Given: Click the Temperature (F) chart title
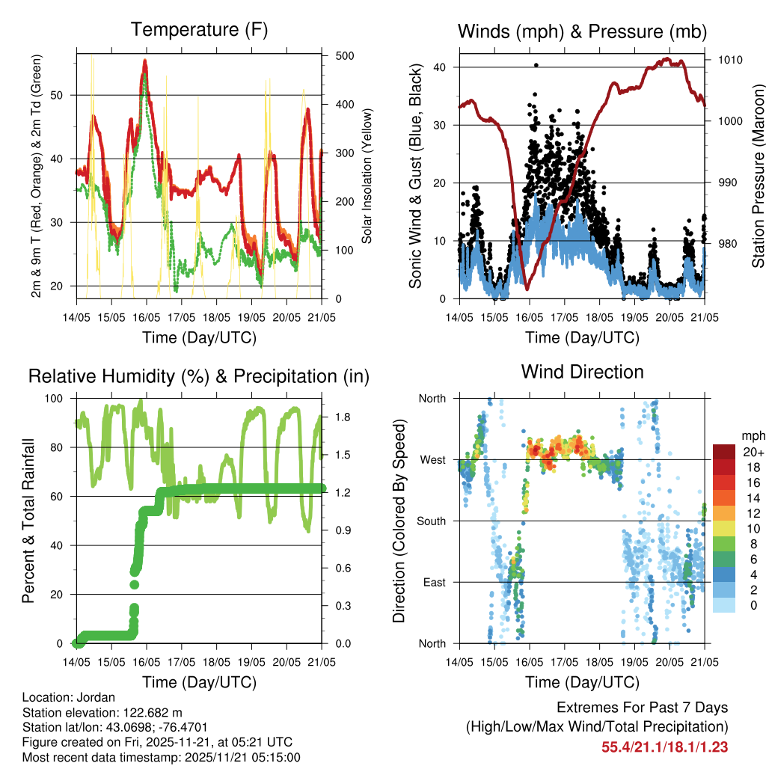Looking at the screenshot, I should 199,30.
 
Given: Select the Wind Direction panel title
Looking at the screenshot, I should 582,372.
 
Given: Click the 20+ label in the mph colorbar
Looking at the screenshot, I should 753,452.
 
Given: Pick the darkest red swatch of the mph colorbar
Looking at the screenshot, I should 723,452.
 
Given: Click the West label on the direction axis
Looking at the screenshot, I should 432,459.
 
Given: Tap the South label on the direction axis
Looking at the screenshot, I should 430,521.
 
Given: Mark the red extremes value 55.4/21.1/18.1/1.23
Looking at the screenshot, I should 664,747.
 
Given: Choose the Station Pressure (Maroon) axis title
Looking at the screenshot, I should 757,175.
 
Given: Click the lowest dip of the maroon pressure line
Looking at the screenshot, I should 527,288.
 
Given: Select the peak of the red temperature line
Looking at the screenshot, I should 145,61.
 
